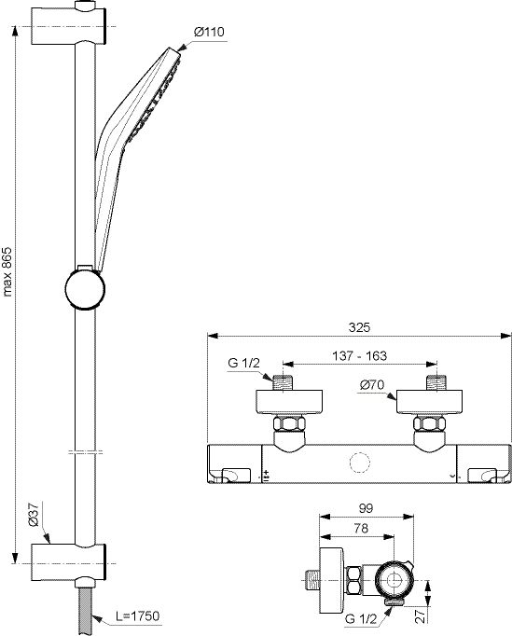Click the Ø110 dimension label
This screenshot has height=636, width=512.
tap(209, 32)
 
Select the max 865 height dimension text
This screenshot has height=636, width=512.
tap(8, 271)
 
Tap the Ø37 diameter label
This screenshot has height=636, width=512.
tap(34, 515)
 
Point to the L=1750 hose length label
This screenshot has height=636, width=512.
tap(137, 615)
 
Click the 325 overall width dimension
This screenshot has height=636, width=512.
tap(359, 327)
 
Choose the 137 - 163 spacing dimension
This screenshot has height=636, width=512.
tap(360, 355)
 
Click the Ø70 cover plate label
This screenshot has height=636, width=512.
tap(372, 384)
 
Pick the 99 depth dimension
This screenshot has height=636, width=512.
tap(366, 508)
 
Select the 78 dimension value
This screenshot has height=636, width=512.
tap(361, 528)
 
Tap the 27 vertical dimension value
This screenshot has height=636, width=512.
tap(422, 615)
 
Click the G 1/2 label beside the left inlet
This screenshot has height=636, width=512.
tap(243, 363)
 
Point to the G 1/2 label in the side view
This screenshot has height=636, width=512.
tap(361, 619)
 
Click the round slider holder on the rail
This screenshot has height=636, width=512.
tap(85, 288)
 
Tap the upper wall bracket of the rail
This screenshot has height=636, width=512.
tap(69, 26)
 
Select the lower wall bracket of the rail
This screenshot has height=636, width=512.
tap(69, 563)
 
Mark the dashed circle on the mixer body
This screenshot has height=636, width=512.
tap(359, 463)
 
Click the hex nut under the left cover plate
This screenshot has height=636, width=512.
tap(289, 424)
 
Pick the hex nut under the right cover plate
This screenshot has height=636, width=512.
tap(429, 424)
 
